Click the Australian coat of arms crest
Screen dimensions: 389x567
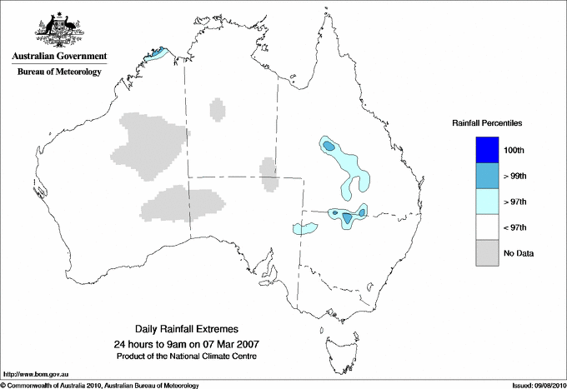pyautogui.click(x=58, y=30)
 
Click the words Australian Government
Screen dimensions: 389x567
pyautogui.click(x=58, y=57)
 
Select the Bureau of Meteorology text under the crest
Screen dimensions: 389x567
pyautogui.click(x=58, y=72)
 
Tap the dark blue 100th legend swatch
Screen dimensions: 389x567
pyautogui.click(x=487, y=150)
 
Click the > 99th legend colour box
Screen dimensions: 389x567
pyautogui.click(x=487, y=176)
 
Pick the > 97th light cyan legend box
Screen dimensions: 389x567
pyautogui.click(x=487, y=202)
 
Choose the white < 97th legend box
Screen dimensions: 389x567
pyautogui.click(x=487, y=227)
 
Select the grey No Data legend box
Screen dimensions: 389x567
pyautogui.click(x=487, y=253)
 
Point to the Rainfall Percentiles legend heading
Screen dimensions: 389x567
pyautogui.click(x=487, y=123)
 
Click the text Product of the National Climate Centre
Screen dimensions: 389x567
pyautogui.click(x=193, y=357)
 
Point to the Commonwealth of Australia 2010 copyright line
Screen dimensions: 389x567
pyautogui.click(x=100, y=385)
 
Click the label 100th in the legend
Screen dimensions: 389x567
pyautogui.click(x=514, y=150)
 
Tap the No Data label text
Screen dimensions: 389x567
pyautogui.click(x=519, y=253)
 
